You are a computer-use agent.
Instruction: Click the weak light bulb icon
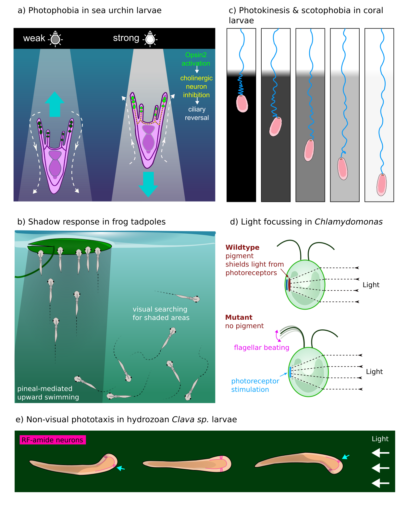click(x=56, y=39)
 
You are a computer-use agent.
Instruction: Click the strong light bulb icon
click(x=150, y=38)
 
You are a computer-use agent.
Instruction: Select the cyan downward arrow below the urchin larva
click(x=148, y=184)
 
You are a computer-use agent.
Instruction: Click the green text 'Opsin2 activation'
click(x=196, y=59)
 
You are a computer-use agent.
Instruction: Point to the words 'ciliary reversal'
click(x=197, y=113)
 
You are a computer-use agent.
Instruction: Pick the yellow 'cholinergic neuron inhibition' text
click(x=196, y=86)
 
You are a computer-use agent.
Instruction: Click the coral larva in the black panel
click(x=242, y=104)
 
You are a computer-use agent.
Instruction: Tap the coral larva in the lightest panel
click(x=382, y=184)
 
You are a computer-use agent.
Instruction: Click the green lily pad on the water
click(x=70, y=246)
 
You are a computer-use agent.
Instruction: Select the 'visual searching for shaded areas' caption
click(x=161, y=313)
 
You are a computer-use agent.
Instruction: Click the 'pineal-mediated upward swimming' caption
click(x=48, y=393)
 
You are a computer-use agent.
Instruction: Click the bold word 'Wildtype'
click(x=242, y=247)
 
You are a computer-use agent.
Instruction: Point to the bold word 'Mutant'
click(x=239, y=317)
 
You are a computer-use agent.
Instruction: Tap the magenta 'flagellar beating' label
click(x=261, y=347)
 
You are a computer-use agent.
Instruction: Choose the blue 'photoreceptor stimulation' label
click(x=255, y=385)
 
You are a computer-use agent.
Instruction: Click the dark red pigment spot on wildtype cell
click(x=289, y=284)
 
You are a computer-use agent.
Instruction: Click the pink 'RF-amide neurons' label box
click(x=53, y=440)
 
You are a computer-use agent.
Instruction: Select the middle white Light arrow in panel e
click(x=380, y=468)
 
